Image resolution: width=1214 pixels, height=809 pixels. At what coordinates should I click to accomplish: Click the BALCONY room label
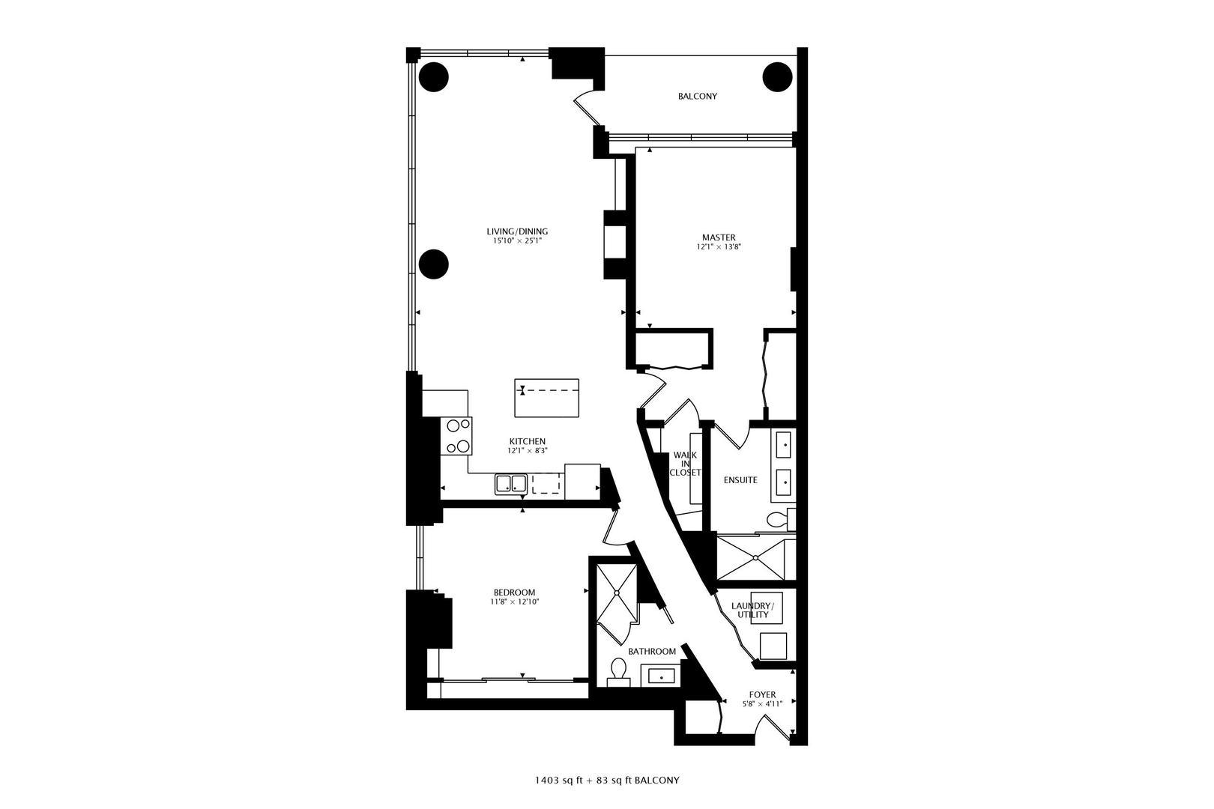[x=697, y=97]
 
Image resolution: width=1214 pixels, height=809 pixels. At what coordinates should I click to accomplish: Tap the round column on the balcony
[x=777, y=76]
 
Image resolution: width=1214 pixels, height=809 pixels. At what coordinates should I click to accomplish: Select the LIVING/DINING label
[x=517, y=231]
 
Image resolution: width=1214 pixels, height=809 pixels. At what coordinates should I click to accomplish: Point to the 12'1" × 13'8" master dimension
[x=719, y=246]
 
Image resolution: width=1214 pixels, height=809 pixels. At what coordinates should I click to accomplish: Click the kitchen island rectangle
[x=547, y=398]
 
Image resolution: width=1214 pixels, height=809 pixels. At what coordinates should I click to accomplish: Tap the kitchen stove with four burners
[x=459, y=436]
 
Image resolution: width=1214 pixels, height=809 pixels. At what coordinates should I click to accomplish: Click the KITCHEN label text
[x=528, y=442]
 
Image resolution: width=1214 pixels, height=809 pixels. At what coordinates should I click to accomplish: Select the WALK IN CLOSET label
[x=685, y=464]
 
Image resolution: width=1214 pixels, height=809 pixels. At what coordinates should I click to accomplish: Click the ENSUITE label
[x=740, y=480]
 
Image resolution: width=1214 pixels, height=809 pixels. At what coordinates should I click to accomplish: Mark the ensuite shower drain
[x=756, y=557]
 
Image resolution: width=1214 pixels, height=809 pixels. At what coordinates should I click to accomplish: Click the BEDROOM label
[x=514, y=593]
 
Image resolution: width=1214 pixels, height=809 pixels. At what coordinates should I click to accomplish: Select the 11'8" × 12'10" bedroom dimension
[x=515, y=602]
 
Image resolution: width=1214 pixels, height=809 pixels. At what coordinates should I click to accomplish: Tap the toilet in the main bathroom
[x=618, y=671]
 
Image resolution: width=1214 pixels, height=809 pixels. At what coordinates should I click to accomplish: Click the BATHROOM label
[x=652, y=652]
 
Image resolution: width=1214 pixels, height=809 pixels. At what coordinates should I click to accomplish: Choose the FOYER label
[x=762, y=694]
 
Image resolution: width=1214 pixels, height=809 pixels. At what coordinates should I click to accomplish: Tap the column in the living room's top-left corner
[x=433, y=76]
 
